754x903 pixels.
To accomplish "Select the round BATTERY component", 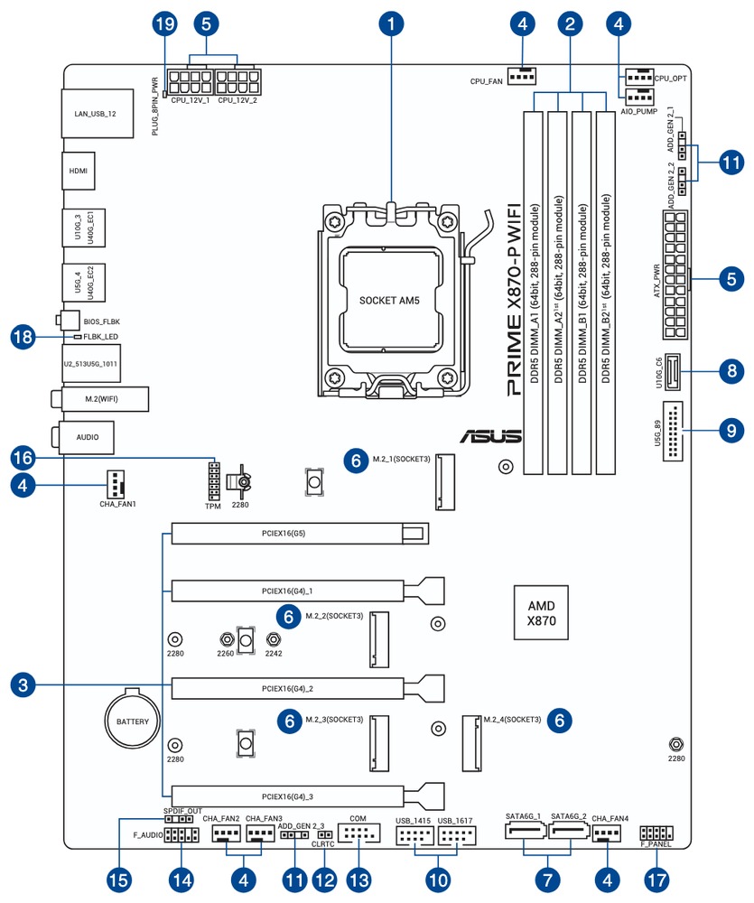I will [131, 722].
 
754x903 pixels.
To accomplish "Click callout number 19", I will [163, 24].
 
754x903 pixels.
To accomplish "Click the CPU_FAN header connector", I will [521, 77].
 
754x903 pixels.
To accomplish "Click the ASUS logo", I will [491, 436].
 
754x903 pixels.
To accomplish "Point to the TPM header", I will [214, 481].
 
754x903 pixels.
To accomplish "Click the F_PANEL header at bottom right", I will [656, 833].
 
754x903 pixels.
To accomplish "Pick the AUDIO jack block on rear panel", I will [88, 437].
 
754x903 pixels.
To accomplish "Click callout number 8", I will [731, 369].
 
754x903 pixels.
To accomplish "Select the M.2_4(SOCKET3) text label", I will [512, 720].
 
